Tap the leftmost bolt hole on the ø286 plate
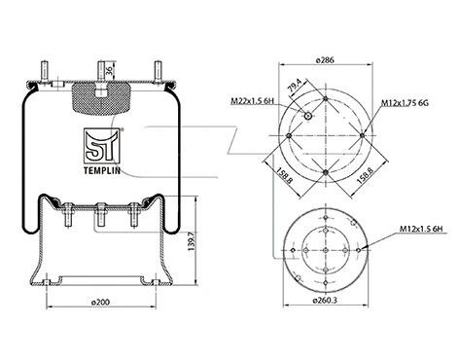(287, 135)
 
